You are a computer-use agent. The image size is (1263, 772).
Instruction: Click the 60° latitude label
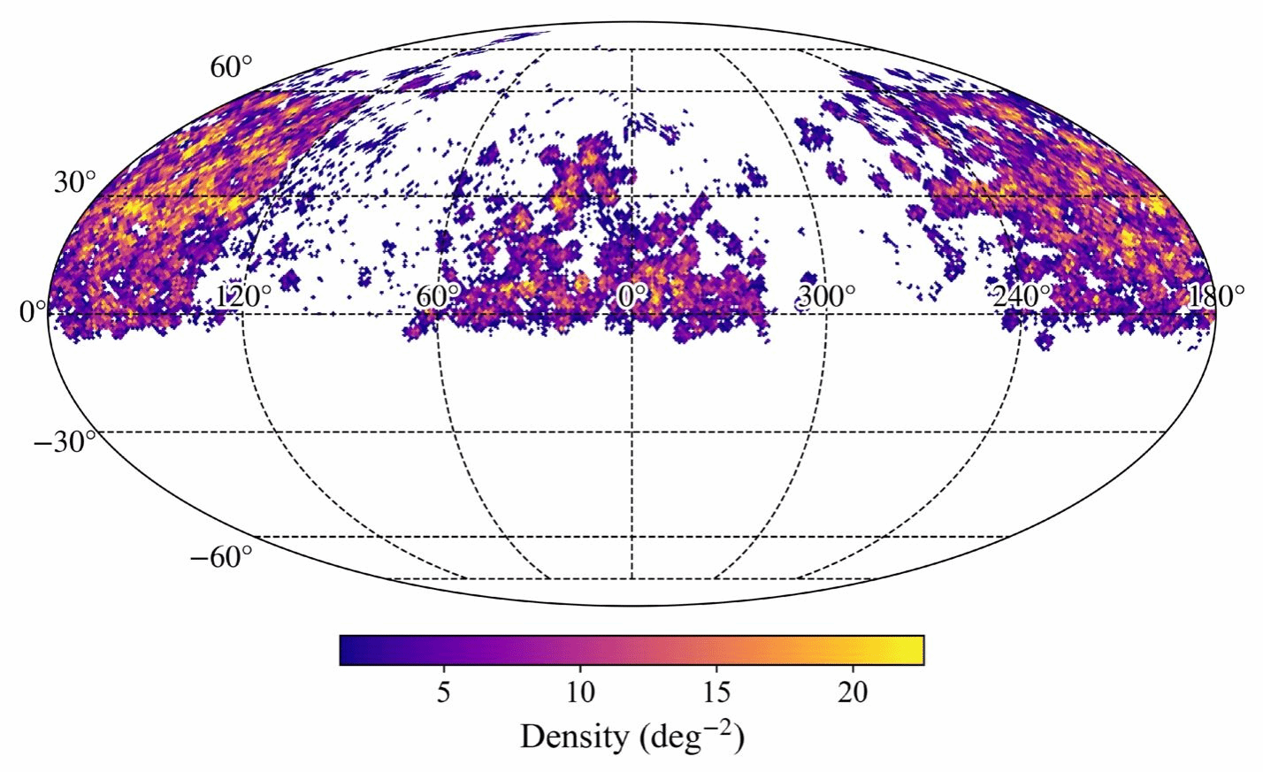[231, 66]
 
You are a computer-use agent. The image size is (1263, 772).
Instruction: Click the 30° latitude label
[75, 183]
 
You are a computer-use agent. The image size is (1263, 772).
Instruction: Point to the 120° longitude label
[243, 296]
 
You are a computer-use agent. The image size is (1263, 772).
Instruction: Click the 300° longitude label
[827, 296]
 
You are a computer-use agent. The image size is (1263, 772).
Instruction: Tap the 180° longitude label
[1215, 296]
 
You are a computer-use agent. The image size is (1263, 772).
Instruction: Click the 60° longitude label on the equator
[438, 296]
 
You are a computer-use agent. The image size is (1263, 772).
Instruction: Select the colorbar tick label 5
[444, 692]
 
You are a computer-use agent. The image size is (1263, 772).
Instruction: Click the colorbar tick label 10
[579, 692]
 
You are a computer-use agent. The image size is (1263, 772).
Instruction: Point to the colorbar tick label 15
[716, 692]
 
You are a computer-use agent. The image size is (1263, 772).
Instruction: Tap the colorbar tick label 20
[853, 692]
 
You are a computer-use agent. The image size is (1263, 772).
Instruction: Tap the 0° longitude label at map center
[631, 296]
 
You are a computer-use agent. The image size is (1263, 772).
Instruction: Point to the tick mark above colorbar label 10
[579, 668]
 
